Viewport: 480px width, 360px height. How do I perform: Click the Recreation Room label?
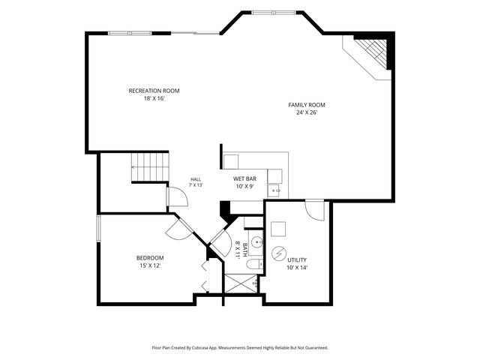coord(154,91)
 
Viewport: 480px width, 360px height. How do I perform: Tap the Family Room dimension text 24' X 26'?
coord(307,112)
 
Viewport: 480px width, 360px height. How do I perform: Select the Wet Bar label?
coord(244,178)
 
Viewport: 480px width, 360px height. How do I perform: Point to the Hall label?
coord(196,179)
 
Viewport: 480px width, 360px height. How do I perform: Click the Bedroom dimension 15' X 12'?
coord(150,265)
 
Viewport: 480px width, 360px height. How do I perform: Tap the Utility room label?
coord(297,260)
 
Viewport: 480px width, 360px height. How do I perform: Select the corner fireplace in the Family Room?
coord(371,53)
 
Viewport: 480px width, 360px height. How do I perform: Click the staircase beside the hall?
coord(150,166)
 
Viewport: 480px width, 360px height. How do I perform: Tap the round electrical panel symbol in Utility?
coord(279,253)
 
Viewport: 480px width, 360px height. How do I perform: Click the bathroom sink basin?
coord(256,242)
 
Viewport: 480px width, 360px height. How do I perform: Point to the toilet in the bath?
coord(254,264)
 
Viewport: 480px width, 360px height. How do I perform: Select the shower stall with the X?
coord(241,283)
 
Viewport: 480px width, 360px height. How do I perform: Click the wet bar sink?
coord(275,190)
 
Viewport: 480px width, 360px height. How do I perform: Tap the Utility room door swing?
coord(315,210)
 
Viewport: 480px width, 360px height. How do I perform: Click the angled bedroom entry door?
coord(181,228)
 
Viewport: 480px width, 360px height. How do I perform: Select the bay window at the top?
coord(274,13)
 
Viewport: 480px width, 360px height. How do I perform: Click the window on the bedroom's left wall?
coord(98,228)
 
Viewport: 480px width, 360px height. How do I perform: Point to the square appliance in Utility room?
coord(278,229)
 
